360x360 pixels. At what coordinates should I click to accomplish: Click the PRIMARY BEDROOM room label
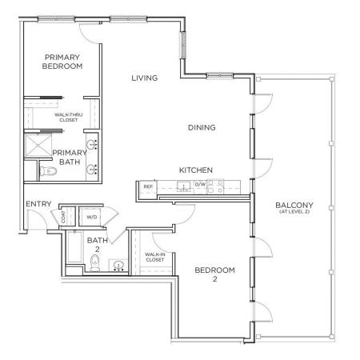pos(62,62)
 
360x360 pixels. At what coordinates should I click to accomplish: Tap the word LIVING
pos(145,78)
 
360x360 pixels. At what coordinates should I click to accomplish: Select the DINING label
pos(202,127)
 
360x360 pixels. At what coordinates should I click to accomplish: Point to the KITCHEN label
pos(196,170)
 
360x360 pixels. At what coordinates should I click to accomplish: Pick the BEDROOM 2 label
pos(215,274)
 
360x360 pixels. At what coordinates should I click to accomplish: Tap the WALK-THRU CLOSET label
pos(69,118)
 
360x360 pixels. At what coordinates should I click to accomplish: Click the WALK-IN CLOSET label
pos(155,257)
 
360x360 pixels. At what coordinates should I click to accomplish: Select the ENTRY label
pos(38,204)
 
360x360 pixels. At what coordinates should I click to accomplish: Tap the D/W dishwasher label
pos(200,184)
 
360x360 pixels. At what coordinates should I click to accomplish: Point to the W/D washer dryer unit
pos(91,217)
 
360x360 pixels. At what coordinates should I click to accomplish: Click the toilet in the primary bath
pos(48,170)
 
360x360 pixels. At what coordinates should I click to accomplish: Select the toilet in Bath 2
pos(94,262)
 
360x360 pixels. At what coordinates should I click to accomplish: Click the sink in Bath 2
pos(118,266)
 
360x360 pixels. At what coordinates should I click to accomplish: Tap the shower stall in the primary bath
pos(38,146)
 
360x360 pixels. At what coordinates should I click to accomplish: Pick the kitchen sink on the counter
pos(184,186)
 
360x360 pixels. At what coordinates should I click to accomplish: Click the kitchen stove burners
pos(215,186)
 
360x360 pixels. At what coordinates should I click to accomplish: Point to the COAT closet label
pos(63,217)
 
